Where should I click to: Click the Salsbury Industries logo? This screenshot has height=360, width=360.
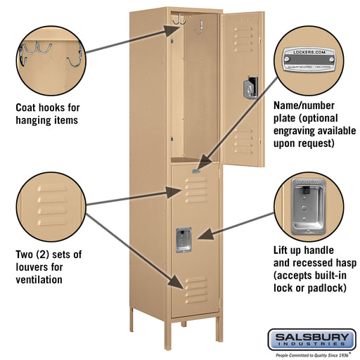tap(311, 340)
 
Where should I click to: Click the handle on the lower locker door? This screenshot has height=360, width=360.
tap(184, 239)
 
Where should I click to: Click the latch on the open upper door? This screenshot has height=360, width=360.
tap(248, 88)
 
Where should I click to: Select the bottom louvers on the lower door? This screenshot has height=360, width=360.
tap(196, 285)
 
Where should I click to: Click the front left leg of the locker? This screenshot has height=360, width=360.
tap(131, 321)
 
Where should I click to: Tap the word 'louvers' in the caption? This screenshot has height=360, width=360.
tap(32, 267)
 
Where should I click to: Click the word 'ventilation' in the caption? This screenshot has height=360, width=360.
tap(39, 280)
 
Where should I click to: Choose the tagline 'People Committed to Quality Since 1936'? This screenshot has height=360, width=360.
tap(309, 354)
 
